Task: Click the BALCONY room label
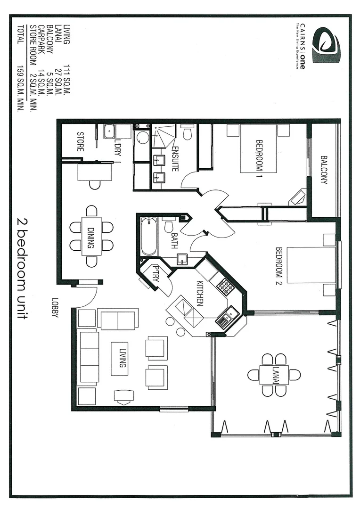[x=324, y=170]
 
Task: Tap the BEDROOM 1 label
[x=259, y=156]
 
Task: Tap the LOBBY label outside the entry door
[x=55, y=308]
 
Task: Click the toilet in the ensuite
[x=187, y=132]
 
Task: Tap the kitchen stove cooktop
[x=225, y=286]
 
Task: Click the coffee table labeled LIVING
[x=120, y=359]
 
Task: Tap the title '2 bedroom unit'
[x=21, y=269]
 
